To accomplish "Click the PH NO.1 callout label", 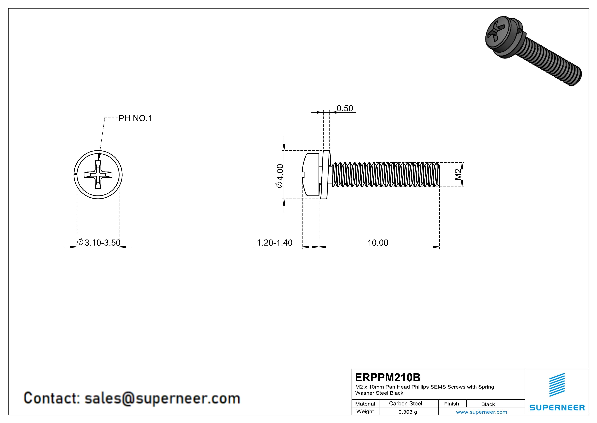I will click(x=135, y=119).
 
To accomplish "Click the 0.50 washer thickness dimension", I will click(x=345, y=108).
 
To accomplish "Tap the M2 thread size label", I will click(x=458, y=174).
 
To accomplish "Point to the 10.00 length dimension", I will click(x=378, y=243).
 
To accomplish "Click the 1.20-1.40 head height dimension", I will click(x=275, y=243).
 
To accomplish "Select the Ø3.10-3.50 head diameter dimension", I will click(x=99, y=243).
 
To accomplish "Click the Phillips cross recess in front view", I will click(x=98, y=174).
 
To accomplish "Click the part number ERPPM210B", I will click(x=387, y=377).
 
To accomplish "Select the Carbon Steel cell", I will click(x=405, y=403).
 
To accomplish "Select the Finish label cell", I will click(x=451, y=404).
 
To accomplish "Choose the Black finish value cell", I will click(x=488, y=404).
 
